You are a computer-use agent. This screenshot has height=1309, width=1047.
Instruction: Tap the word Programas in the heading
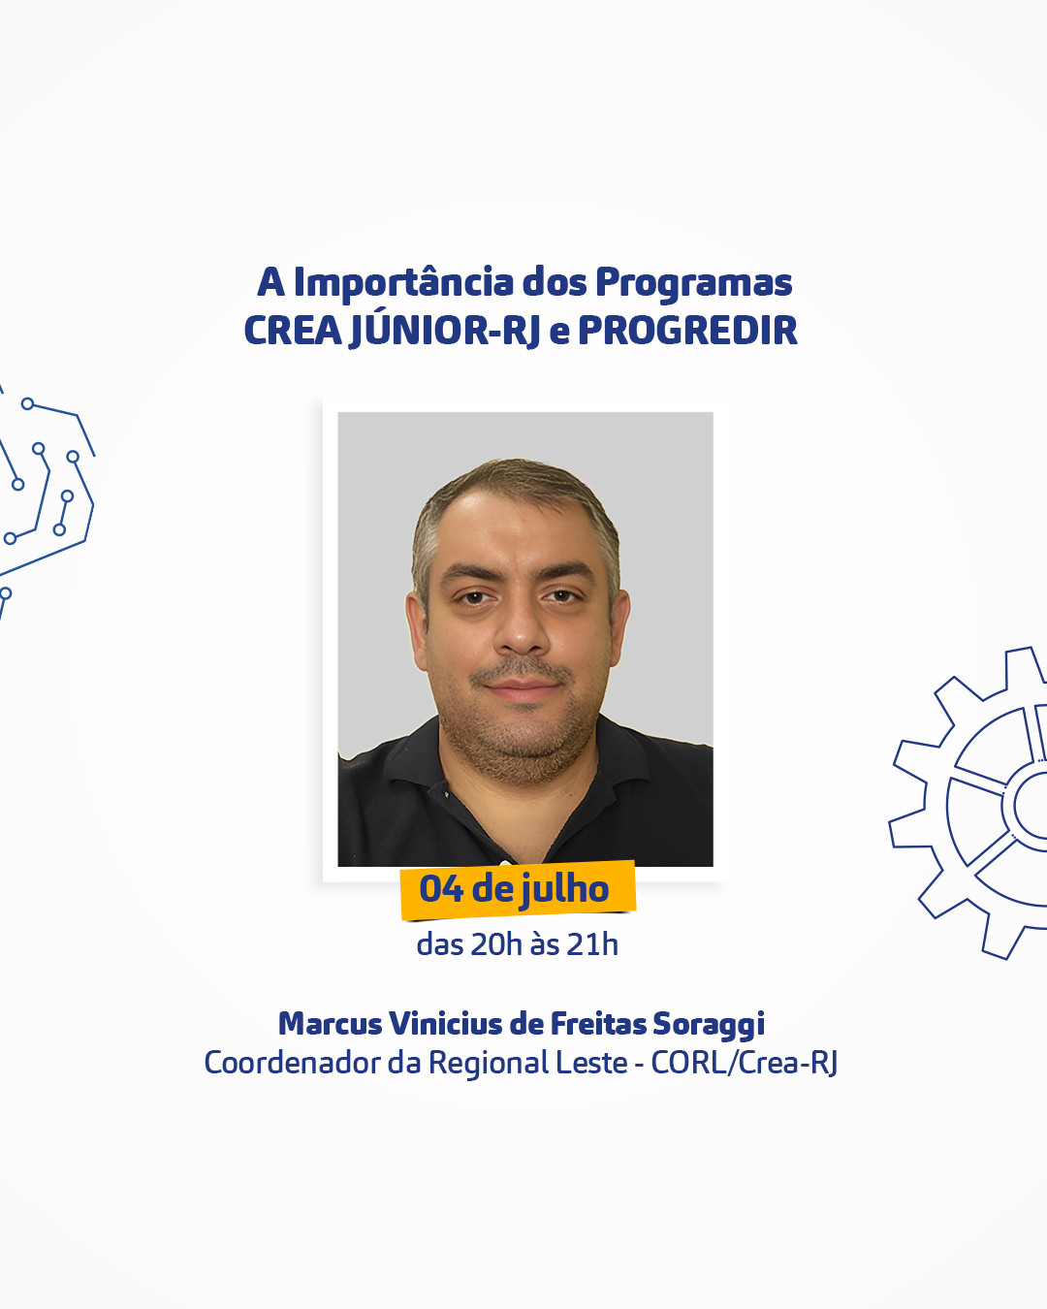[x=694, y=284]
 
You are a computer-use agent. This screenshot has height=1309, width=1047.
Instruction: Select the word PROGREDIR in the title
[x=687, y=331]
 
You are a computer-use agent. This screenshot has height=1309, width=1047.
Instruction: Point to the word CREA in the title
[x=293, y=331]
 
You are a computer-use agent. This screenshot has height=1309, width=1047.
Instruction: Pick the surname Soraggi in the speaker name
[x=709, y=1025]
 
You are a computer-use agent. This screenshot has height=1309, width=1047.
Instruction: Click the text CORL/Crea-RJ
[x=745, y=1064]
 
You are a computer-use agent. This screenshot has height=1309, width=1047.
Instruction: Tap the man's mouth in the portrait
[x=522, y=687]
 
